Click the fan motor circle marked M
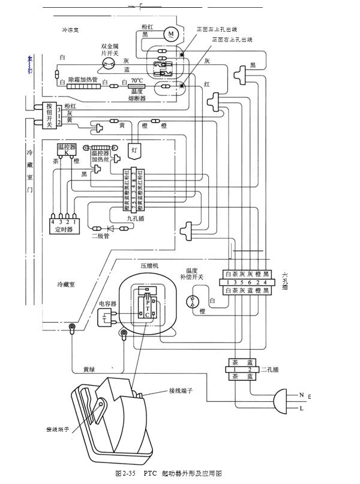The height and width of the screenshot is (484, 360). tap(171, 34)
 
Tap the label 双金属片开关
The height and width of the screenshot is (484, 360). tap(112, 49)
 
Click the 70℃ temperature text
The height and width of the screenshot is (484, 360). tap(137, 80)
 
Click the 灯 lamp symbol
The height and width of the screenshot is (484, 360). tap(135, 151)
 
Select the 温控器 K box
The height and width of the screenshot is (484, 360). tap(66, 149)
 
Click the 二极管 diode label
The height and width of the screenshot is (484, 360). tap(100, 236)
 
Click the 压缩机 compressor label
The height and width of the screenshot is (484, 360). tap(149, 264)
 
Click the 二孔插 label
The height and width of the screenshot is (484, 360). tap(269, 369)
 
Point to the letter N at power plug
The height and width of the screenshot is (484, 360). tap(301, 395)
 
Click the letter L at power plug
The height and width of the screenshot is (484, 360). tap(301, 408)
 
